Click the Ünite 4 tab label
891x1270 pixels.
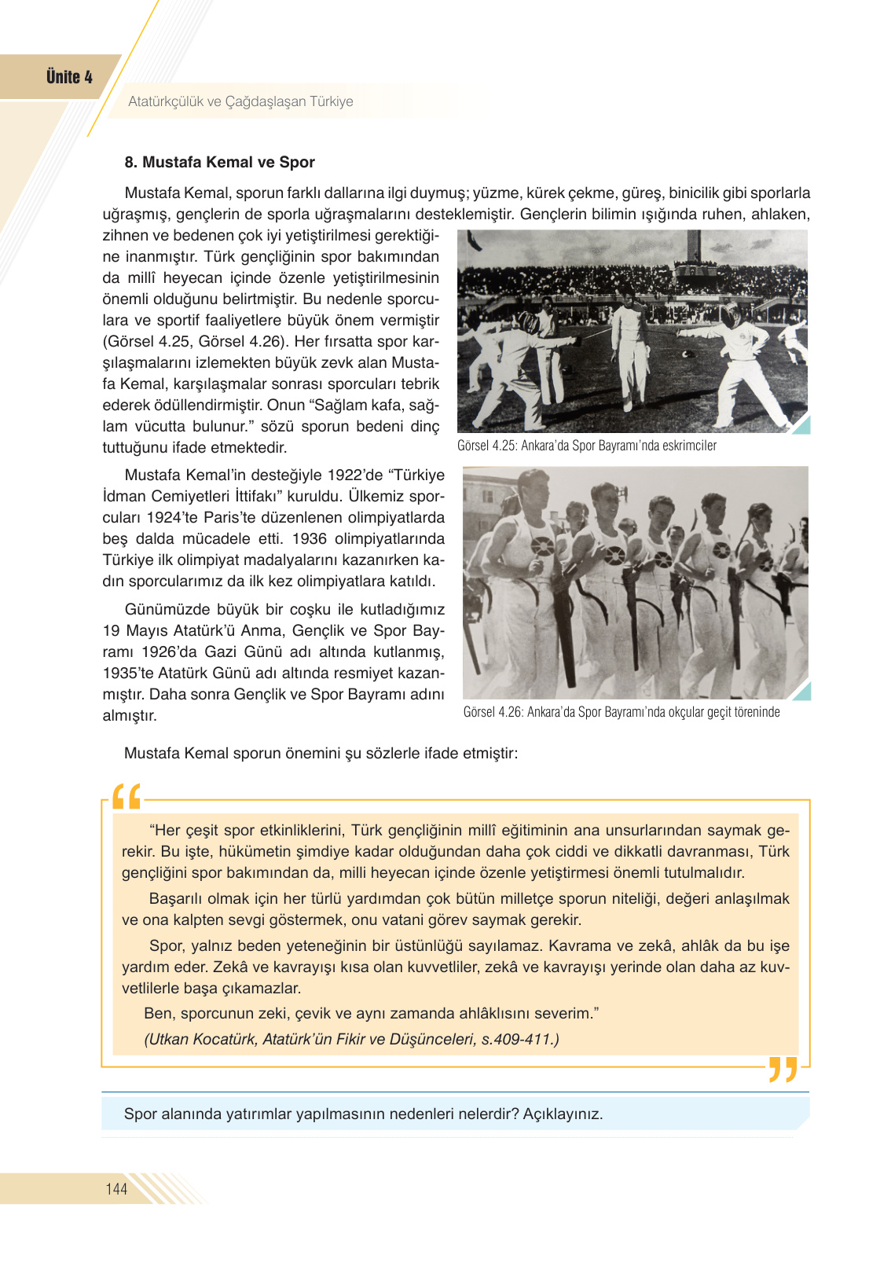click(x=69, y=77)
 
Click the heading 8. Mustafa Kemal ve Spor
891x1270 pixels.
click(x=219, y=163)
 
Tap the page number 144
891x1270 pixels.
click(x=116, y=1189)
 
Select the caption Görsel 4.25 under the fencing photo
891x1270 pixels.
click(x=586, y=446)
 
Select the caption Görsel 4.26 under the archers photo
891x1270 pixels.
click(x=621, y=712)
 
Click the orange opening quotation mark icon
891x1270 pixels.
click(x=126, y=797)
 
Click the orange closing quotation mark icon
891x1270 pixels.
click(x=783, y=1070)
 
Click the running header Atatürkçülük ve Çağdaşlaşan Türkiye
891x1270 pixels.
click(x=240, y=101)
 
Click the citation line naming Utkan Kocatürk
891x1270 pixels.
click(x=351, y=1039)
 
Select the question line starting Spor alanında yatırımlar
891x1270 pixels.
click(x=363, y=1114)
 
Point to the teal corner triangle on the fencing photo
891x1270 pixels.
click(x=802, y=426)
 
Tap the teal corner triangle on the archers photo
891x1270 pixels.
click(x=802, y=692)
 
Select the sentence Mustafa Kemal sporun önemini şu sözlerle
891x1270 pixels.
click(x=321, y=753)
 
